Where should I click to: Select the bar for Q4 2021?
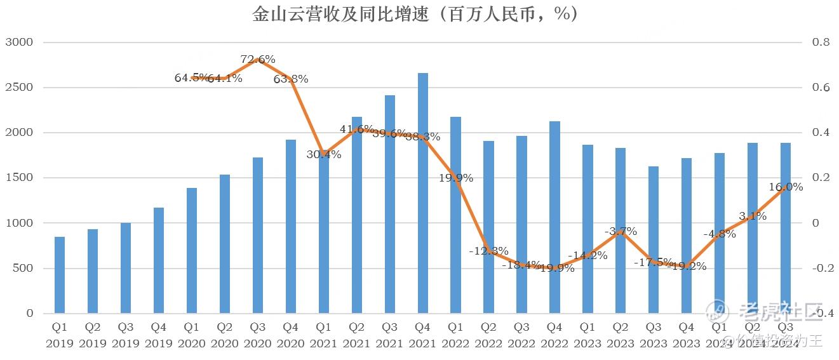[422, 193]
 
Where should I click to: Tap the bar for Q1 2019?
[60, 275]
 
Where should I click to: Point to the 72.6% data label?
[258, 60]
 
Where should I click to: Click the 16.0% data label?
[786, 187]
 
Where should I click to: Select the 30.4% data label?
[324, 154]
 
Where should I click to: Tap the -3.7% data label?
[621, 231]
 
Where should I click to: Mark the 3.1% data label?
[753, 216]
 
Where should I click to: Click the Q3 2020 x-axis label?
[258, 335]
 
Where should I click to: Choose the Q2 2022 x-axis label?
[488, 335]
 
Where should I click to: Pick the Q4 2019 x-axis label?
[159, 335]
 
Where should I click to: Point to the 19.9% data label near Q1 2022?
[455, 178]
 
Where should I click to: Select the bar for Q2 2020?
[225, 244]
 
